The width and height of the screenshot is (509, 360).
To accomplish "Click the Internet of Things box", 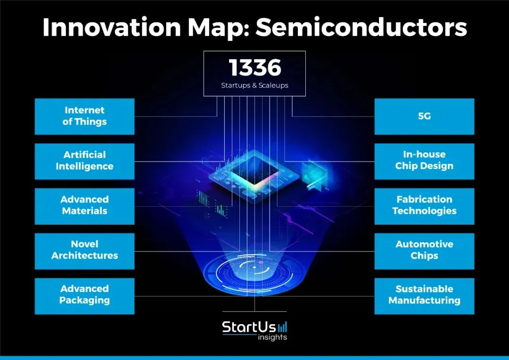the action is point(84,116).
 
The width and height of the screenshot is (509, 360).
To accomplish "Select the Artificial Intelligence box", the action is point(84,161).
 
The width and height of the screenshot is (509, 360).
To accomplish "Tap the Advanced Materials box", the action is point(84,205).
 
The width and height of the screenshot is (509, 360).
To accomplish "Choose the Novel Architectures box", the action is point(84,250).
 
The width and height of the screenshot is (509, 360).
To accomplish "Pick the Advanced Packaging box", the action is point(84,295).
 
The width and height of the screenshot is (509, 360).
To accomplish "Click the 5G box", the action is point(424,116).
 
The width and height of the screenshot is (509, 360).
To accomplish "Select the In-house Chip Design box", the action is point(424,161).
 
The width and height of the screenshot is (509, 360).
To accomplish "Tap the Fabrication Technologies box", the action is point(424,205).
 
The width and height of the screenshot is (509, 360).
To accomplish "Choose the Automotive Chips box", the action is point(424,250).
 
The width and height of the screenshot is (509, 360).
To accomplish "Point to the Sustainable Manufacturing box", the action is point(424,295).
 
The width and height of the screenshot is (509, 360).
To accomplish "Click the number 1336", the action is point(254,68).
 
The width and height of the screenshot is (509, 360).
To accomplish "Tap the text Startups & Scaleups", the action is point(254,86).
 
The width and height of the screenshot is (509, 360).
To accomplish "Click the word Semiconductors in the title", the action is point(361,28).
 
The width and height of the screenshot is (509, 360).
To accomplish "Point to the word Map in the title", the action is point(221,28).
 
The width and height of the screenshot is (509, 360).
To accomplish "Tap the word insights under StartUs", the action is point(272,337).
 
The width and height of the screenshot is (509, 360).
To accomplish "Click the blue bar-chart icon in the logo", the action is point(282,327).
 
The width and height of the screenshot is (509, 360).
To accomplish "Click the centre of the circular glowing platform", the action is point(254,268).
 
